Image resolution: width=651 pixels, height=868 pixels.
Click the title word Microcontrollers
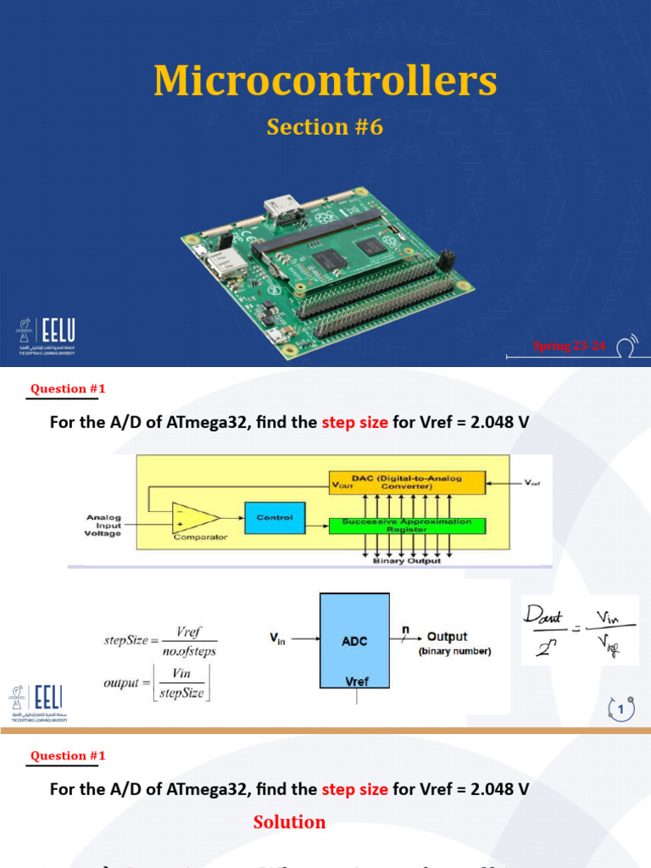pos(325,81)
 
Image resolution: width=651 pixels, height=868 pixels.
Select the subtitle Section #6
pos(325,127)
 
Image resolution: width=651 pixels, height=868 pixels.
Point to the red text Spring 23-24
pos(569,345)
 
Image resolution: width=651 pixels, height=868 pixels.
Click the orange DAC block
pos(406,482)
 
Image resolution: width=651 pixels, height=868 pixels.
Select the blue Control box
pos(274,517)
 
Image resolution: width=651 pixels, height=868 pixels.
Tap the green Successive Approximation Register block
pos(406,525)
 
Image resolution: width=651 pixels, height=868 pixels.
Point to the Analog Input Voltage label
pos(103,526)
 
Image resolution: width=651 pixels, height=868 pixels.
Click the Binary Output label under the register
pos(406,561)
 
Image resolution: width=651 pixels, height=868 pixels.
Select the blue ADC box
pos(354,642)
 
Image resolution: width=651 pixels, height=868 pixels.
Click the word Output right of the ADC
pos(447,637)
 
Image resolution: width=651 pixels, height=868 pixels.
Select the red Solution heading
pos(289,822)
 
